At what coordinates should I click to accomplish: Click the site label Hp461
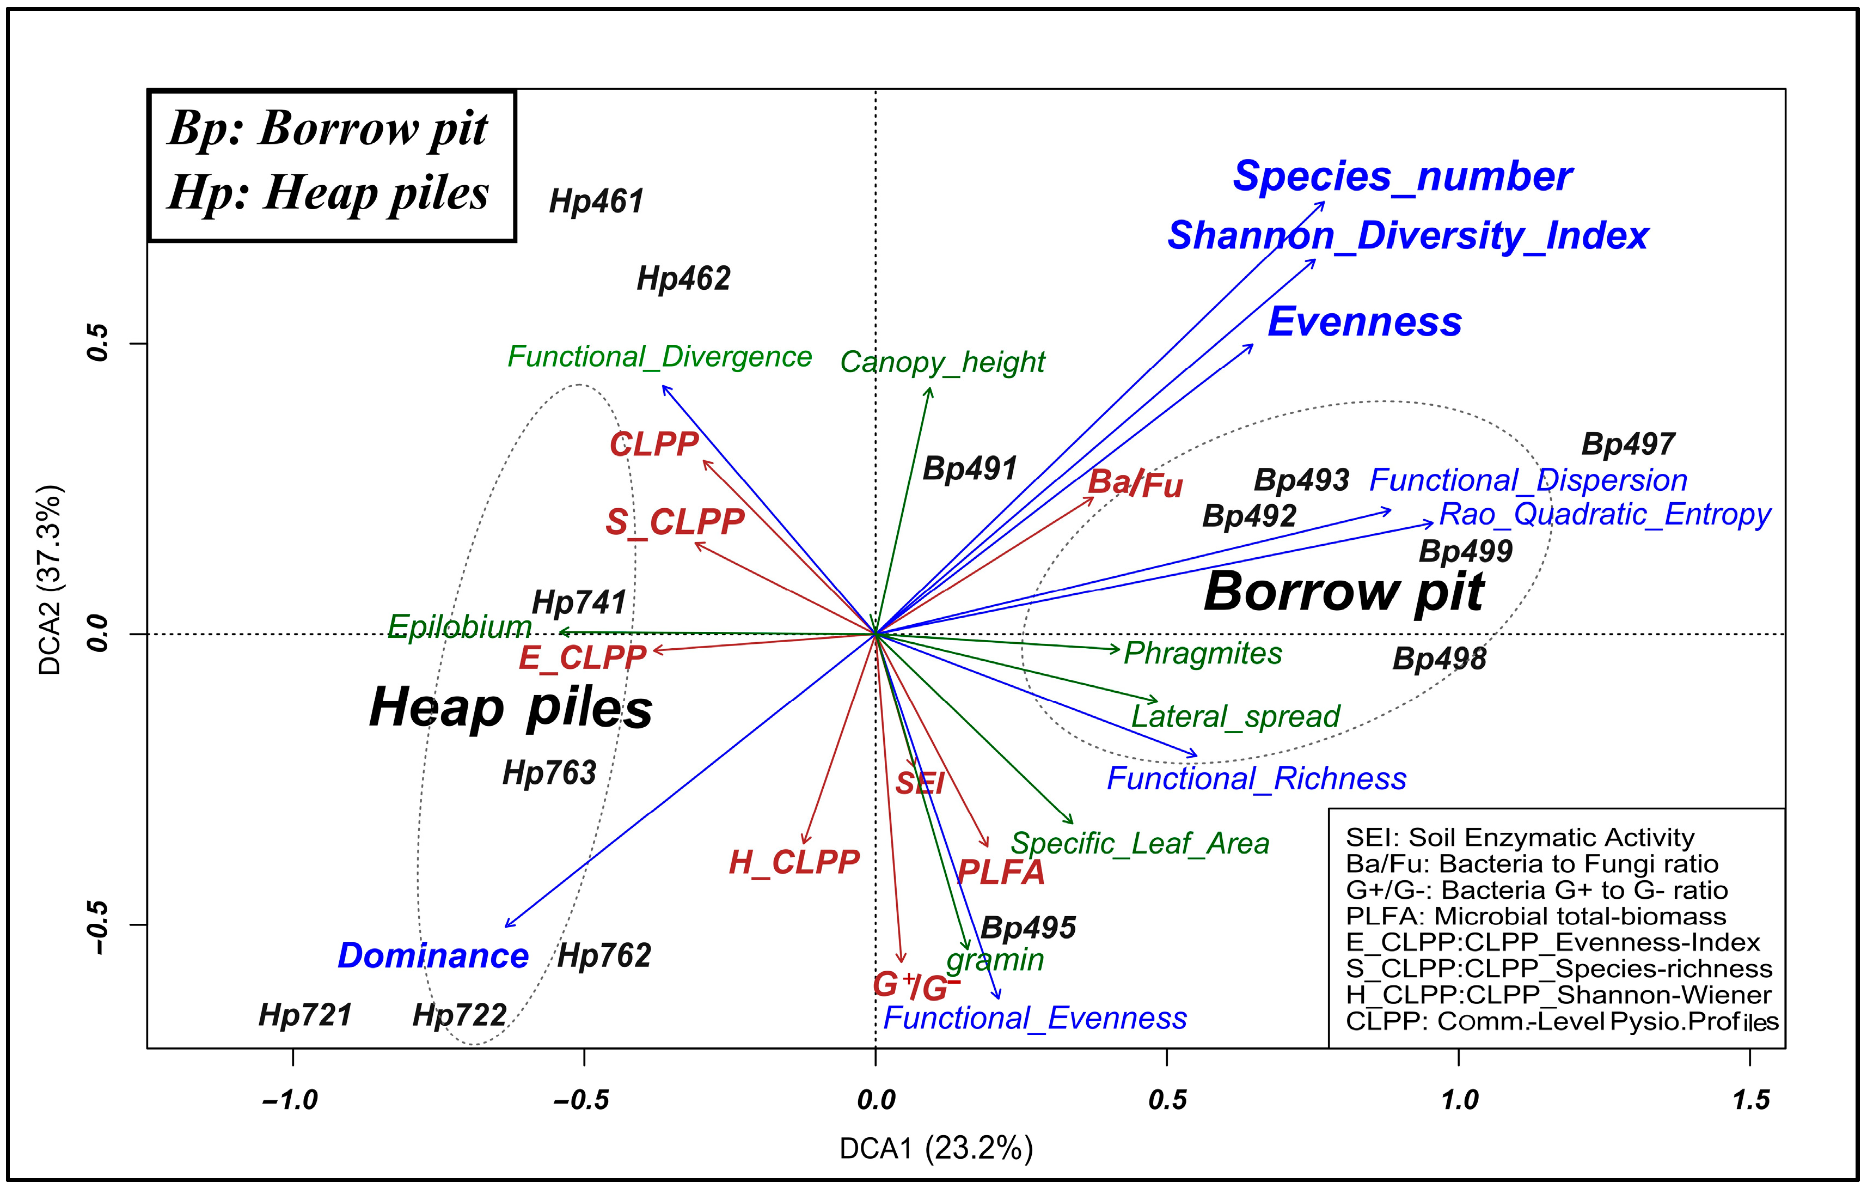[x=596, y=202]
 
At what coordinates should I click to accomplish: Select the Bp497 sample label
[x=1628, y=444]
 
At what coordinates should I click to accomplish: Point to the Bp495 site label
[x=1028, y=928]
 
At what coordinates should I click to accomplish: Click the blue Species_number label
[x=1403, y=177]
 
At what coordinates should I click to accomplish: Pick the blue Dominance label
[x=433, y=956]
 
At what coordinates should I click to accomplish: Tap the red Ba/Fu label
[x=1135, y=484]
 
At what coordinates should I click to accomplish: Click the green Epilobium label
[x=460, y=626]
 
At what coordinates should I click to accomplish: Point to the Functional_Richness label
[x=1256, y=778]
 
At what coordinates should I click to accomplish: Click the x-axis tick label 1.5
[x=1750, y=1100]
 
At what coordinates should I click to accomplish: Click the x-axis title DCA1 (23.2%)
[x=936, y=1148]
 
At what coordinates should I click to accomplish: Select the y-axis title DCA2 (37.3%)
[x=50, y=580]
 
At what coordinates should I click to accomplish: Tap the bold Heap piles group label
[x=511, y=708]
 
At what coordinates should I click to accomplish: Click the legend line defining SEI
[x=1520, y=838]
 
